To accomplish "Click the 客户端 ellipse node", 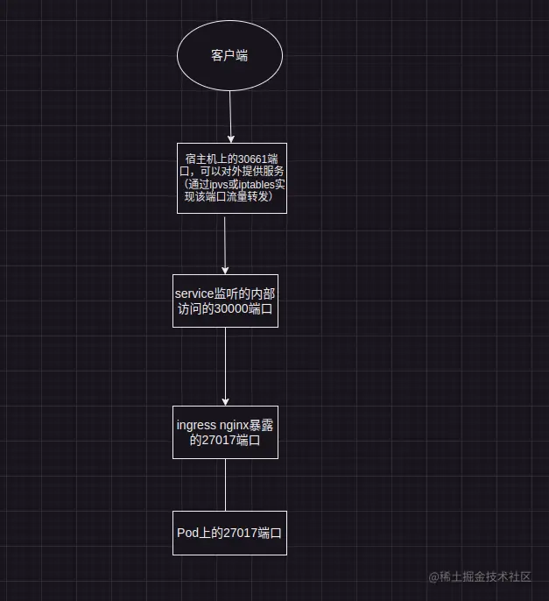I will point(229,55).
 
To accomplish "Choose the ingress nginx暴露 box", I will point(225,432).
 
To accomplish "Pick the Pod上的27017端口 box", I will point(230,533).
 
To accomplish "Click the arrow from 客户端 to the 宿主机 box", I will point(230,114).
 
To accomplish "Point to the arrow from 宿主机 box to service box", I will point(225,245).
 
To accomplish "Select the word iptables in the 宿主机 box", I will point(255,185).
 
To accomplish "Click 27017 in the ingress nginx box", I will point(218,441).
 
